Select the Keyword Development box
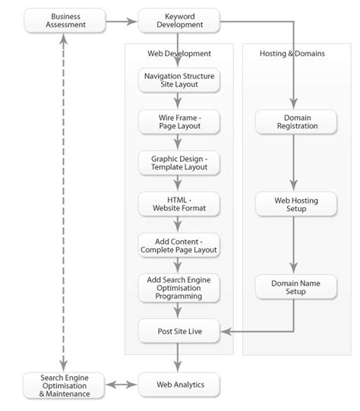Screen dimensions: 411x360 point(178,21)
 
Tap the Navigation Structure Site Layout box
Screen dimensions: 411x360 point(178,80)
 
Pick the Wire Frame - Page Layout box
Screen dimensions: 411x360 point(178,121)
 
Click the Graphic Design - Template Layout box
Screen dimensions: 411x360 point(178,162)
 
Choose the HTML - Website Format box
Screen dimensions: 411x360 point(178,203)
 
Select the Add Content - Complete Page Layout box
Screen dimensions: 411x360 point(178,245)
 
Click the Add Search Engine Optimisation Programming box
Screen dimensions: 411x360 point(178,288)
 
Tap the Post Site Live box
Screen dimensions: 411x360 point(178,330)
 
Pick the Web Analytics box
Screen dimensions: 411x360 point(178,384)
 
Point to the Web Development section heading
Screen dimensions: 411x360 point(178,54)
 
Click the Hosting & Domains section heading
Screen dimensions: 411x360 point(292,54)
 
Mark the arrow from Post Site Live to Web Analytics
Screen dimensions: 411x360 point(178,356)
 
